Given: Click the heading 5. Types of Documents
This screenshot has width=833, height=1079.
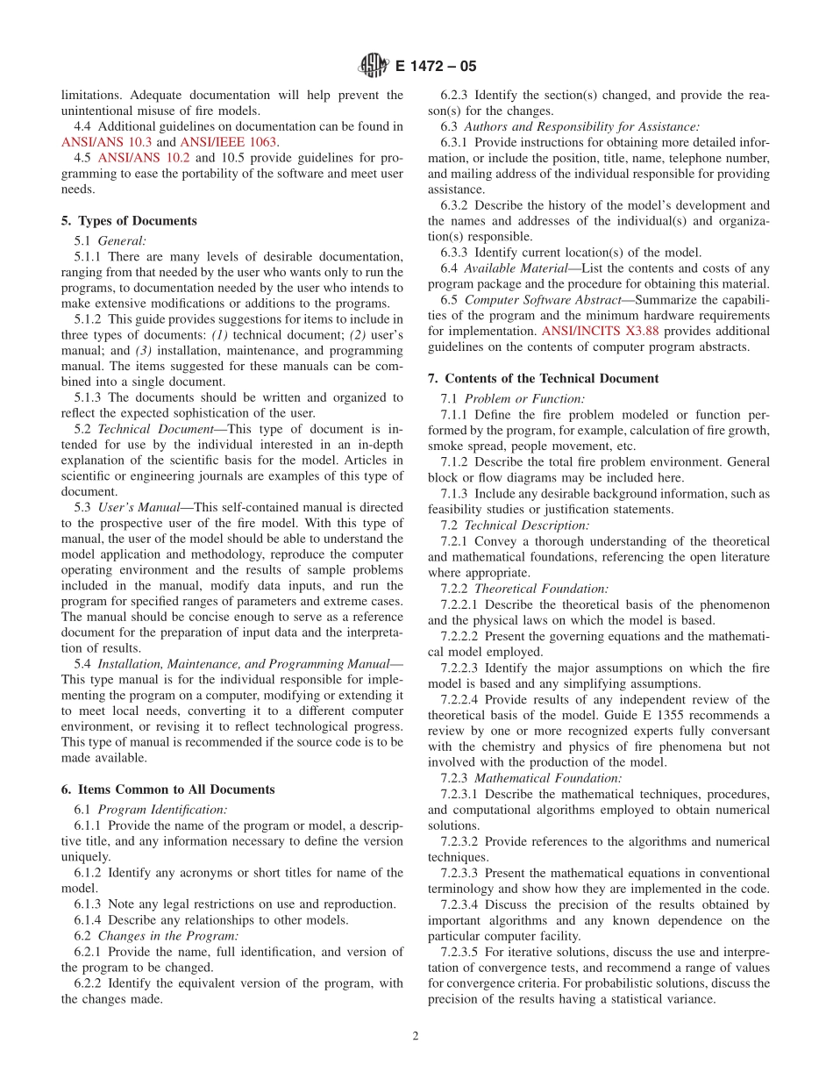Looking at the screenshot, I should click(x=129, y=221).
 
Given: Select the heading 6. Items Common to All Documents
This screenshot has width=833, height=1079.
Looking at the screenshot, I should click(x=167, y=790).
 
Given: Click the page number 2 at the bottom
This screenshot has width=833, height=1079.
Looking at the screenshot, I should click(x=416, y=1035).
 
